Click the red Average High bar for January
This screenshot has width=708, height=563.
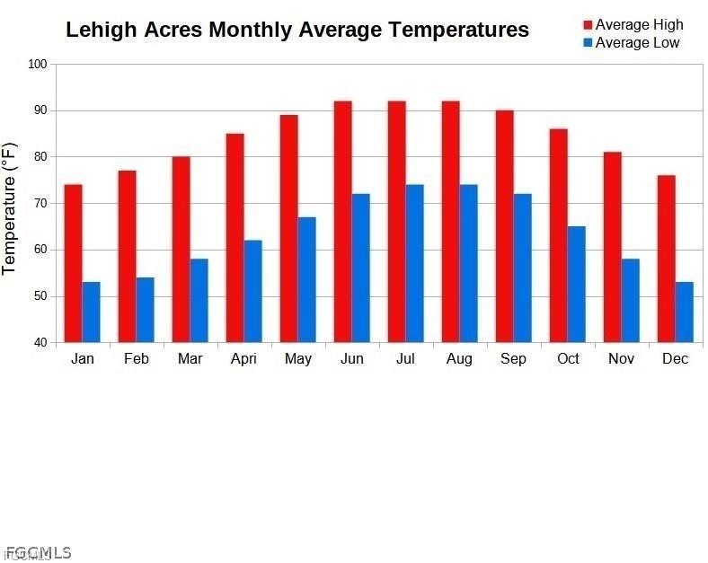coord(73,263)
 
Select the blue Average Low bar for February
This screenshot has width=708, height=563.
coord(145,310)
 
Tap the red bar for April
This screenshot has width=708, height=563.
coord(235,238)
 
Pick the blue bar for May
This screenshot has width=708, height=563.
coord(306,279)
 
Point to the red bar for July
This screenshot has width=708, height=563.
coord(396,222)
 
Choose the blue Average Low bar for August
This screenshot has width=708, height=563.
coord(468,263)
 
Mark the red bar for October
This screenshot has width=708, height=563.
coord(558,235)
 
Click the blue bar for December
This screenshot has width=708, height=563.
coord(684,312)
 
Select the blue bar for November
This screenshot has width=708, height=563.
coord(630,300)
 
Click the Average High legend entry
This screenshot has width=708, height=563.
coord(632,24)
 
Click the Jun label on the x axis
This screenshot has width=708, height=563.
coord(351,359)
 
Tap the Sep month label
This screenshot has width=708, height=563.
coord(513,359)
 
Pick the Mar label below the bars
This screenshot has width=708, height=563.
coord(190,359)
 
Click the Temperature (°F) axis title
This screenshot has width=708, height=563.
coord(10,207)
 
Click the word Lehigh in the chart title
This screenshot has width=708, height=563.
coord(101,30)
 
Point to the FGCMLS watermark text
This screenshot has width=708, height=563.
coord(38,553)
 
